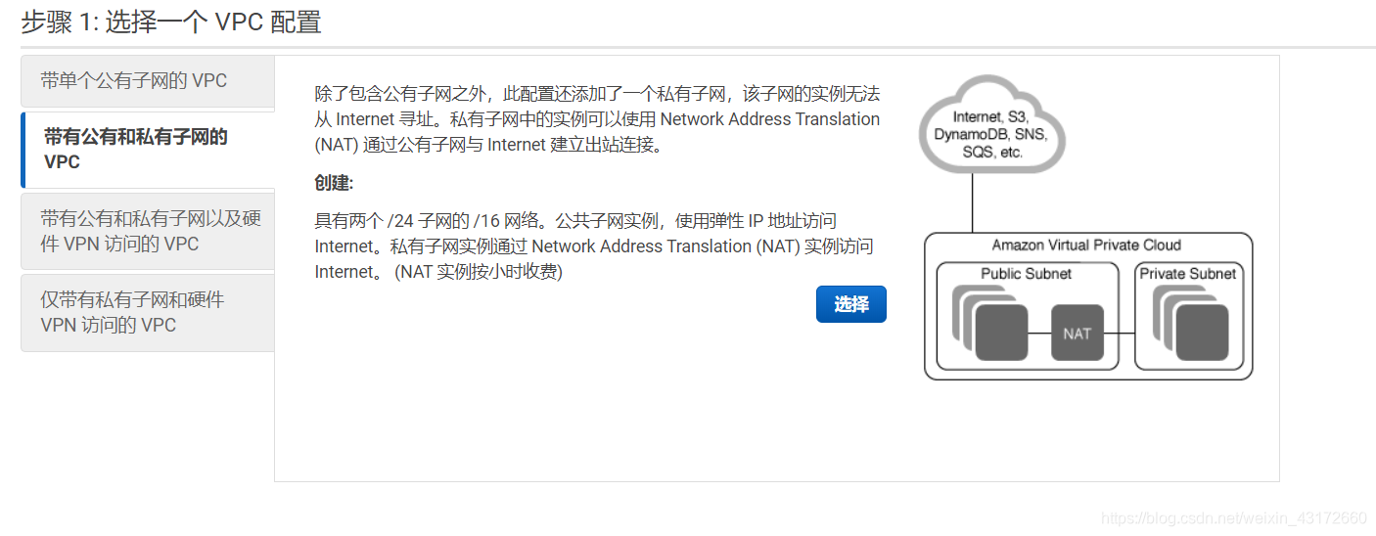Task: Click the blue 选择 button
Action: click(850, 304)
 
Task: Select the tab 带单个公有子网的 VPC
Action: click(133, 81)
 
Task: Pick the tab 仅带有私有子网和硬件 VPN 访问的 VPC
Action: click(132, 312)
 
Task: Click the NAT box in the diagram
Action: click(1077, 334)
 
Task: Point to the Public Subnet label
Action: click(1026, 274)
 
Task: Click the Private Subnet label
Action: click(1187, 274)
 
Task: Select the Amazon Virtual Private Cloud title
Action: click(1086, 246)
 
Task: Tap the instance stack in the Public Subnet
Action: click(990, 326)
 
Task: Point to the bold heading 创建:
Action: click(334, 184)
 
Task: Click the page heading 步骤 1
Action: click(171, 22)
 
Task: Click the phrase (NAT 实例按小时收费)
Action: click(479, 272)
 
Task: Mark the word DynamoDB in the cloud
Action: click(964, 135)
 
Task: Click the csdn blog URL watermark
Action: click(1233, 517)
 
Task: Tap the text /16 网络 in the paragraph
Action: click(509, 221)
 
